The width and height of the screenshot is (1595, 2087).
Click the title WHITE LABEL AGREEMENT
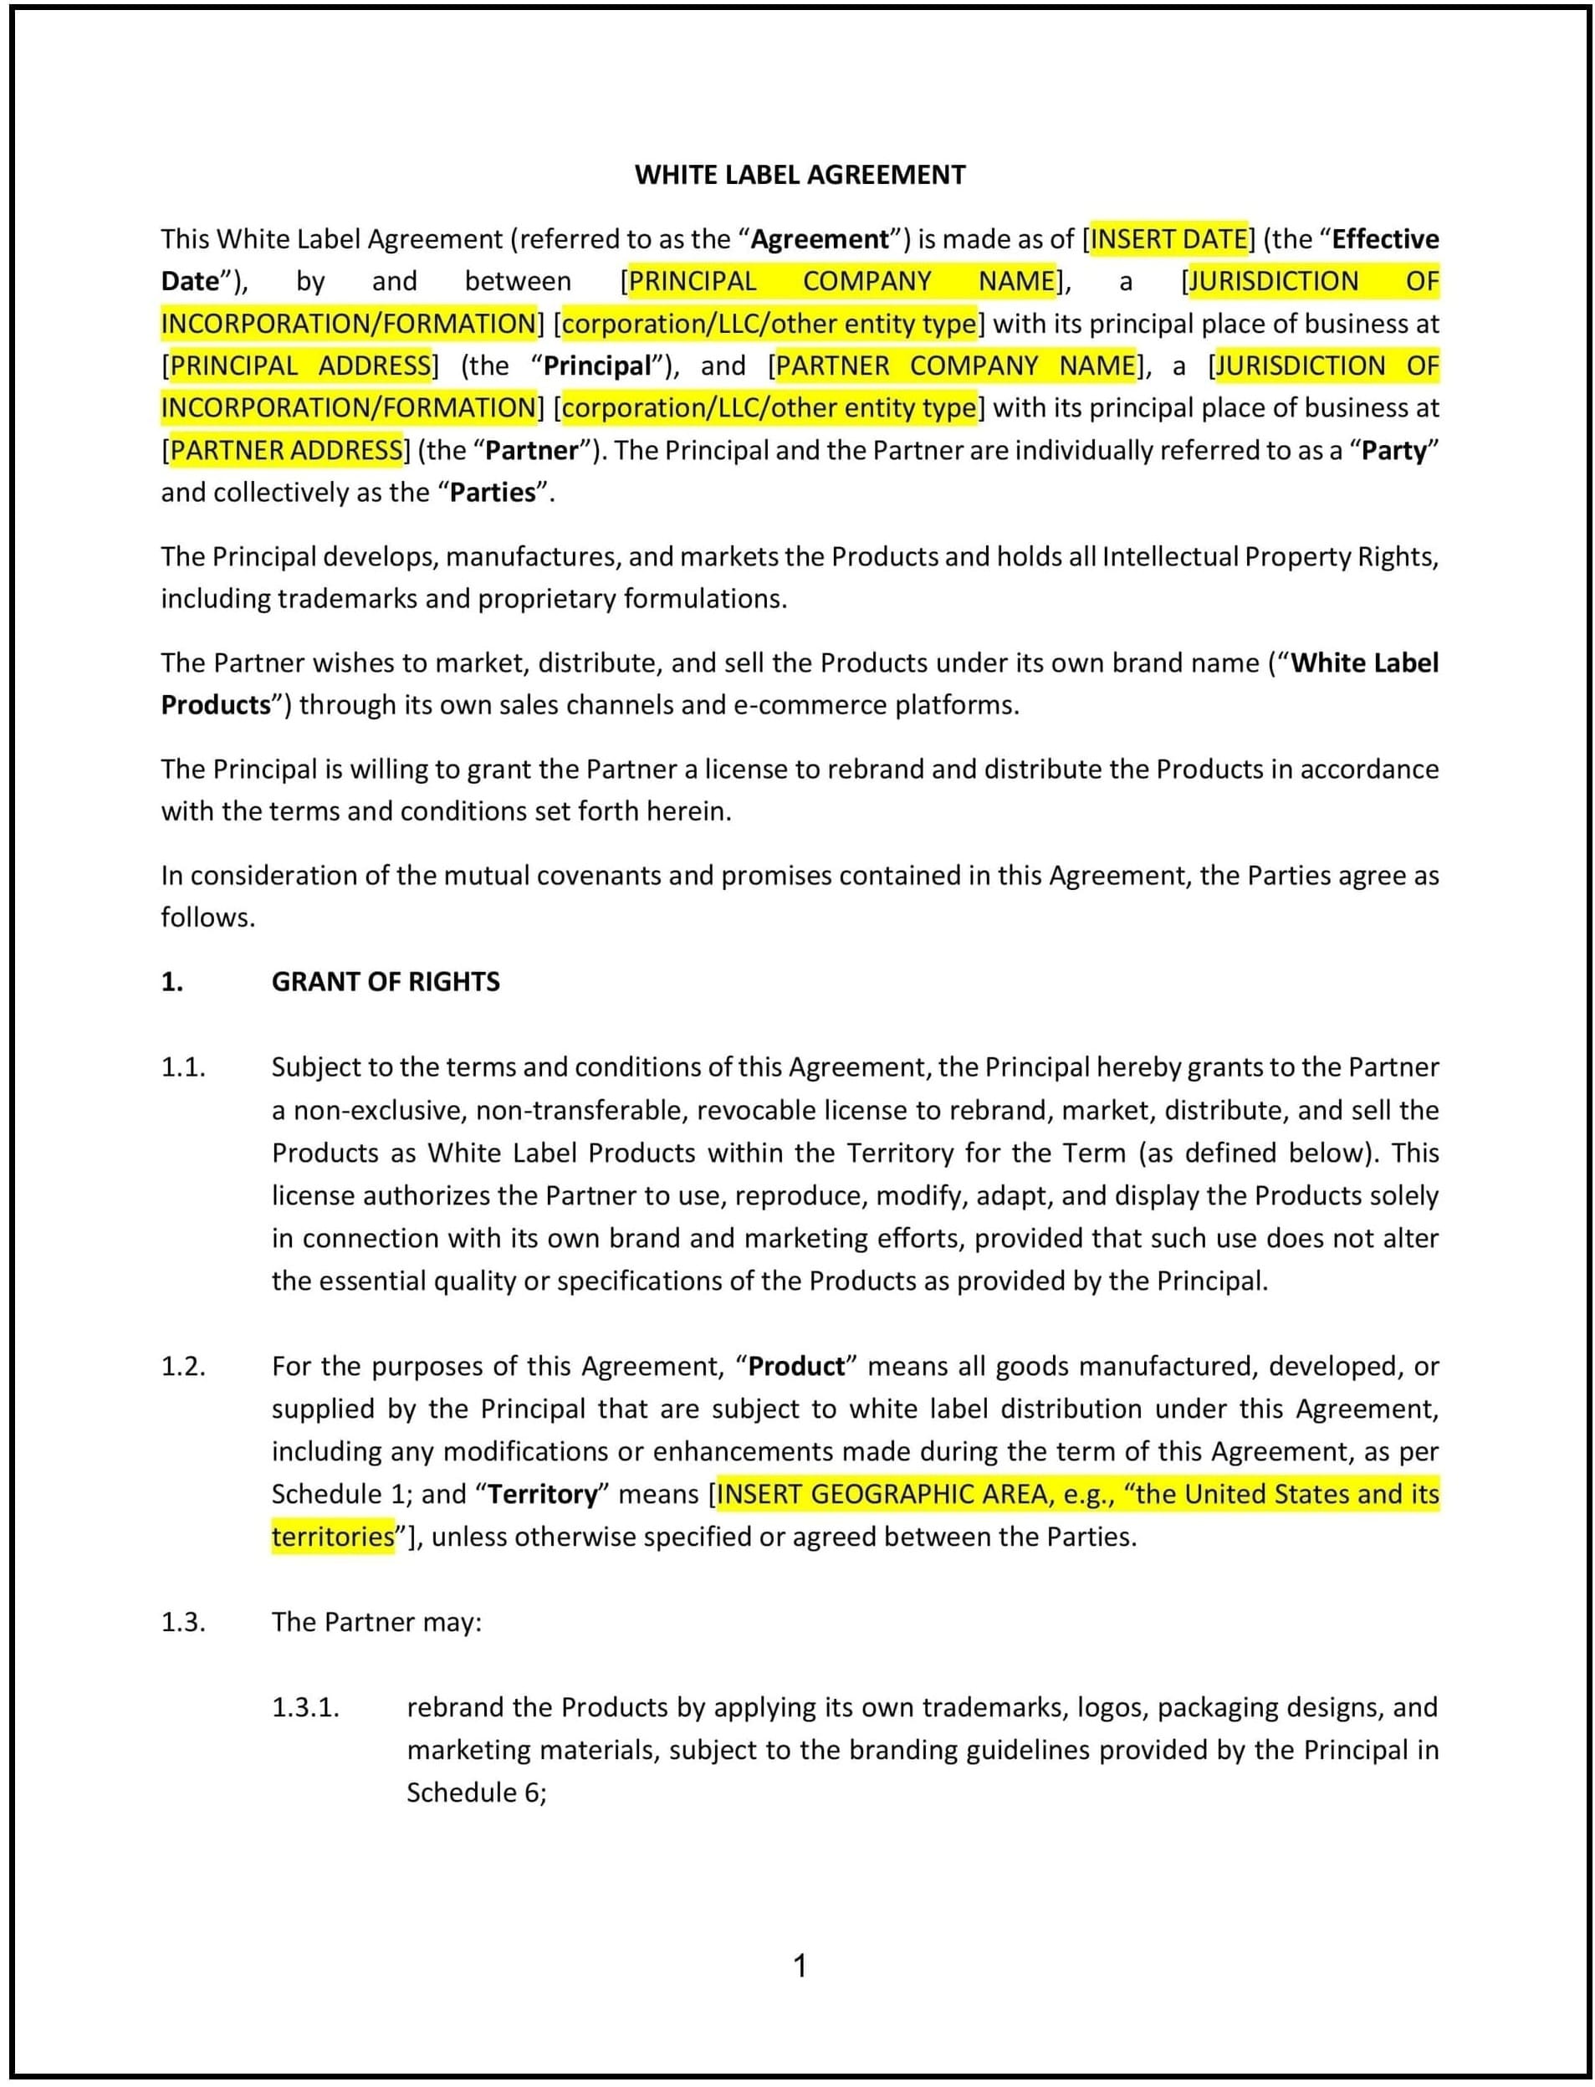pyautogui.click(x=800, y=175)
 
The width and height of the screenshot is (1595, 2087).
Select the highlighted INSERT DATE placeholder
pyautogui.click(x=1168, y=238)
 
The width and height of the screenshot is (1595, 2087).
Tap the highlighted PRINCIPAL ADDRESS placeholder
pyautogui.click(x=300, y=366)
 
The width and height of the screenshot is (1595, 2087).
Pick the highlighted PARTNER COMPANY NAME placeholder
pyautogui.click(x=955, y=366)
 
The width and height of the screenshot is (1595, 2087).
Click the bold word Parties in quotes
pyautogui.click(x=493, y=493)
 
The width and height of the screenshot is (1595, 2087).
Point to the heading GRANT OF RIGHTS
pyautogui.click(x=386, y=982)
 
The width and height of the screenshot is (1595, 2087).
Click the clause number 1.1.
pyautogui.click(x=183, y=1067)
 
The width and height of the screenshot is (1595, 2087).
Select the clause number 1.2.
pyautogui.click(x=183, y=1366)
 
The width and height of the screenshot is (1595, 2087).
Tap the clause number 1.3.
pyautogui.click(x=183, y=1622)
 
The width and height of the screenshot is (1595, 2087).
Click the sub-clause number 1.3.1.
pyautogui.click(x=306, y=1707)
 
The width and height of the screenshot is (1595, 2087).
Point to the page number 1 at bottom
pyautogui.click(x=800, y=1966)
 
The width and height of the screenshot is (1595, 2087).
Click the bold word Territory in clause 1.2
pyautogui.click(x=542, y=1495)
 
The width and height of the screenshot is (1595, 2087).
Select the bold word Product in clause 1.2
pyautogui.click(x=795, y=1366)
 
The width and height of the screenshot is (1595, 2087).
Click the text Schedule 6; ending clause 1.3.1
pyautogui.click(x=477, y=1793)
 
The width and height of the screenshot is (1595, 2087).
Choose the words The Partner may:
pyautogui.click(x=377, y=1622)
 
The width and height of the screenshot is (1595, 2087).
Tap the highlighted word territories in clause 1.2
pyautogui.click(x=332, y=1537)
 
